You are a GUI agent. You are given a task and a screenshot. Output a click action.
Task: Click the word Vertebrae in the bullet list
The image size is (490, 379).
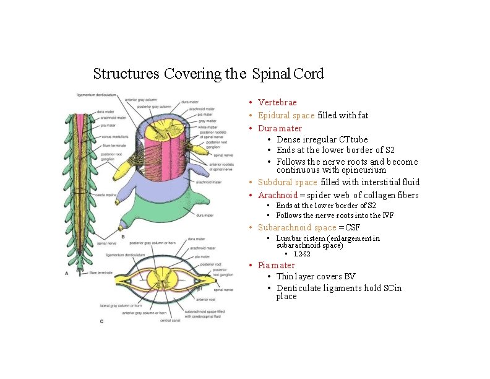coord(277,102)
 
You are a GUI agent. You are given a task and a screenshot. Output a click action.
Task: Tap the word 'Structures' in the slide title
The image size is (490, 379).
coord(126,74)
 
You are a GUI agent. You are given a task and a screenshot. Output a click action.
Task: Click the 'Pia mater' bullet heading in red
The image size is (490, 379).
coord(277,265)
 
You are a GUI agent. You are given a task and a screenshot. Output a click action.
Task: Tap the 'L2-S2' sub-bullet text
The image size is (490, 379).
coord(303,254)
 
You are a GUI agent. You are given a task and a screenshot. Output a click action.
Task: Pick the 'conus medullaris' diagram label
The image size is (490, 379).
coord(116,137)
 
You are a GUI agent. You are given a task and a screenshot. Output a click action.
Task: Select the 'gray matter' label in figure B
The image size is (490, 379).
coord(206,121)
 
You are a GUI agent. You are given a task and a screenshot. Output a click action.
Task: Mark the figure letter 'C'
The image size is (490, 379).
coord(101,321)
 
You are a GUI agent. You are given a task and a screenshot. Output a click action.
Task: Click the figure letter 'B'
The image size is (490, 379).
coord(123,237)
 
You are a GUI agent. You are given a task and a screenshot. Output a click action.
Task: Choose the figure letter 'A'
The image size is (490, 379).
coord(66,273)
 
